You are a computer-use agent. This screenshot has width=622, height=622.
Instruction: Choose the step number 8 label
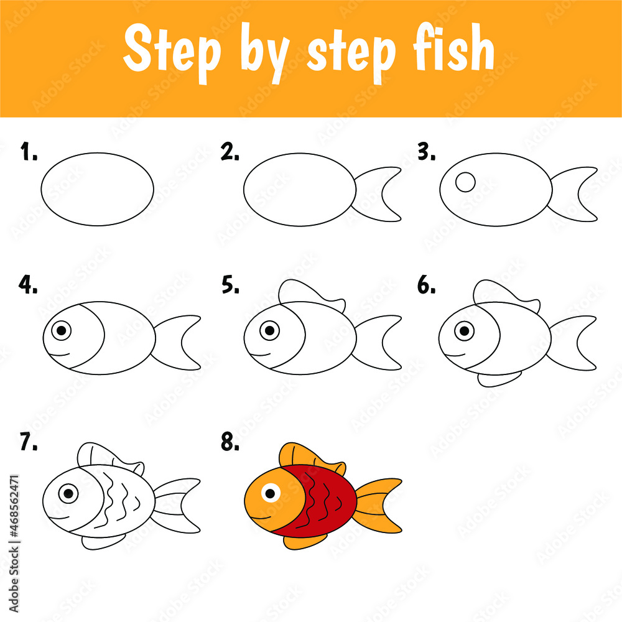[x=230, y=442]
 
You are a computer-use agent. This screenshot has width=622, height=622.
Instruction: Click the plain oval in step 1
[x=98, y=188]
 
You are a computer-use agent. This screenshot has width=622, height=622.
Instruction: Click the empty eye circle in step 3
[x=465, y=182]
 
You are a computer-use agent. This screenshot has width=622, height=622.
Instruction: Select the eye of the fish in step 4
[x=61, y=330]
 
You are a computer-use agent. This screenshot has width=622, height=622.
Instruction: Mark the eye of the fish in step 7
[x=68, y=494]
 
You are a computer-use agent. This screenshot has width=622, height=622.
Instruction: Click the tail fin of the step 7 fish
[x=177, y=505]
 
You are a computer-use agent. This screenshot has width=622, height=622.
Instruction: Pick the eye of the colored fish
[x=269, y=494]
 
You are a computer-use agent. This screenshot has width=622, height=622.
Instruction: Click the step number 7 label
[x=29, y=442]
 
